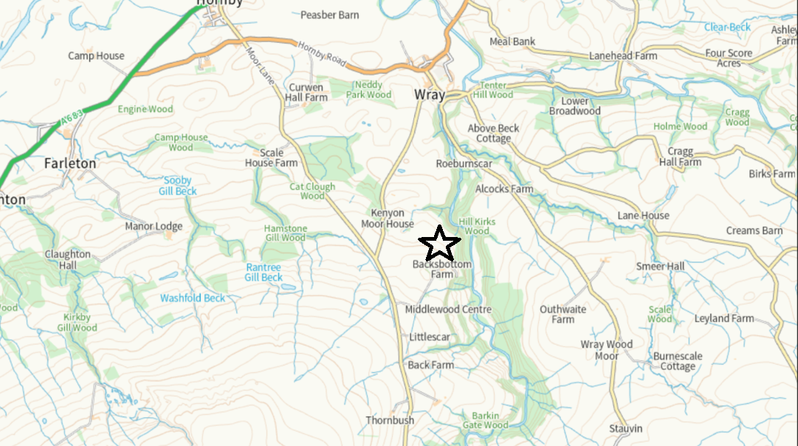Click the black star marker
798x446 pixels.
(x=439, y=243)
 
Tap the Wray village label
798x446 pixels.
(x=430, y=95)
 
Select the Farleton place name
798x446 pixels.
(x=70, y=163)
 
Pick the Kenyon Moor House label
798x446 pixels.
(x=388, y=219)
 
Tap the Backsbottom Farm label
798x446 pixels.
(x=442, y=269)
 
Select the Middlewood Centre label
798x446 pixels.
(x=443, y=309)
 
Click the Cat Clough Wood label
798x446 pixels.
(x=312, y=191)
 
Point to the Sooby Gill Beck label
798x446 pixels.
(x=178, y=185)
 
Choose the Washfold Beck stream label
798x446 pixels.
(x=193, y=298)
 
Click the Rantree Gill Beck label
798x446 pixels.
(x=264, y=272)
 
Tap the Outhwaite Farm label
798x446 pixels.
(x=563, y=315)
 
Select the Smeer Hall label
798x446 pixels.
(x=661, y=266)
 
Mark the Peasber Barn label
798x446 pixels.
(x=330, y=15)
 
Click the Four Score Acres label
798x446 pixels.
(x=729, y=58)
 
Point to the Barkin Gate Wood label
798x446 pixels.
(x=485, y=420)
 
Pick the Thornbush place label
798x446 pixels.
(x=390, y=420)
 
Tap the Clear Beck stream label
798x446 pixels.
(x=727, y=27)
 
